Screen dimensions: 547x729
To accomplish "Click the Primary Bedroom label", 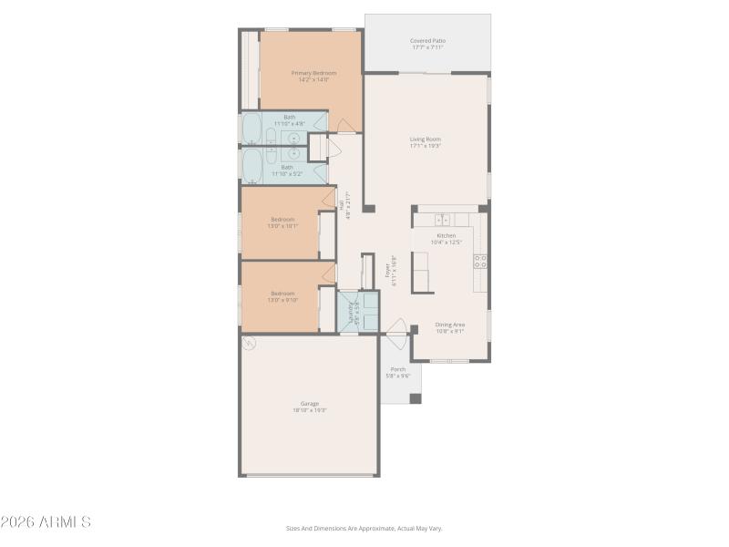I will point(313,73).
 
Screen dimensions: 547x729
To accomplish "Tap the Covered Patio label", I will point(427,41).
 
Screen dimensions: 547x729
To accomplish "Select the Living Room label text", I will point(425,139).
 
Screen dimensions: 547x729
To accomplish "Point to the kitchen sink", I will point(442,220).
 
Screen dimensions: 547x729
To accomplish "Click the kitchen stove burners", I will point(479,261).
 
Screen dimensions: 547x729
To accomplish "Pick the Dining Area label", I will point(449,325).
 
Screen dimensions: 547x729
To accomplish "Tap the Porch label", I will point(398,369).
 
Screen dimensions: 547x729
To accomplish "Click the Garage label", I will point(310,404).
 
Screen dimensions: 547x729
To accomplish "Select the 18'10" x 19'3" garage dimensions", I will point(310,410).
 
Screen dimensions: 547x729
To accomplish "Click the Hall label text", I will point(341,206).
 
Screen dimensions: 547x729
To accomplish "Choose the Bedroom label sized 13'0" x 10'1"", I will point(282,219).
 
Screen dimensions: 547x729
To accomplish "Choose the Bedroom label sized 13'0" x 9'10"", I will point(282,294).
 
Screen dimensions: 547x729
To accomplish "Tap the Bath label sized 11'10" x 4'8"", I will point(289,117).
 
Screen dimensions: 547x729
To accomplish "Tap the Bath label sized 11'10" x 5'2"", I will point(286,167).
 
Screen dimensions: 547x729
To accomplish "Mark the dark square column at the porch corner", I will point(416,398).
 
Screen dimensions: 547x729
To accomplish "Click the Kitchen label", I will point(447,235).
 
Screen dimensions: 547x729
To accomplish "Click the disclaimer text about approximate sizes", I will point(364,528).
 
